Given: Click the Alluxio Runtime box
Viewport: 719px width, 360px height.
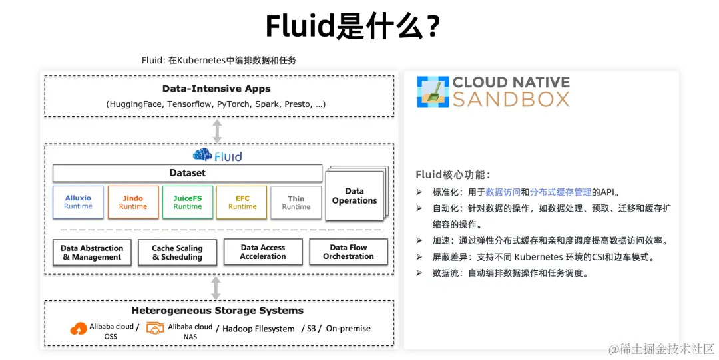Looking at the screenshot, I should pyautogui.click(x=78, y=202).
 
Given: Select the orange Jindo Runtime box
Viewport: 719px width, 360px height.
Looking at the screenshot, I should pyautogui.click(x=133, y=202).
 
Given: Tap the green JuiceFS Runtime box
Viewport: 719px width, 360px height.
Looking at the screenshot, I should pyautogui.click(x=188, y=202).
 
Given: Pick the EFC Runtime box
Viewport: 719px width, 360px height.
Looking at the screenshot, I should pyautogui.click(x=242, y=202).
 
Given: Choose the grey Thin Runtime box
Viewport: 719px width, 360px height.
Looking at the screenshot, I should pyautogui.click(x=296, y=202).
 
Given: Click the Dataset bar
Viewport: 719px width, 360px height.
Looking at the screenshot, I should pyautogui.click(x=187, y=173).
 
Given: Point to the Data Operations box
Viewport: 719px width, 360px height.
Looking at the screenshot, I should pyautogui.click(x=354, y=196).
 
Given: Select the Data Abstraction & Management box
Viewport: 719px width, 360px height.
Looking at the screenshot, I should pyautogui.click(x=92, y=252).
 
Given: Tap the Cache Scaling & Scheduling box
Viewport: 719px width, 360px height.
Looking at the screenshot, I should pyautogui.click(x=177, y=252).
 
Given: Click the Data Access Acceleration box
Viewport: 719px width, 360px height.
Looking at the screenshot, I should pyautogui.click(x=263, y=252).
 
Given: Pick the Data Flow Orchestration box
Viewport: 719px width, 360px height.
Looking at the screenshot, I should pyautogui.click(x=348, y=252).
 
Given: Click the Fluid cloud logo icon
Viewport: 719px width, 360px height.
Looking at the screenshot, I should pyautogui.click(x=202, y=156).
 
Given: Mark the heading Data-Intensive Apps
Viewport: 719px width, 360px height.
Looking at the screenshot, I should pyautogui.click(x=216, y=89).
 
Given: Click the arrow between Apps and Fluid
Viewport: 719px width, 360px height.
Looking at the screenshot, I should pyautogui.click(x=216, y=131).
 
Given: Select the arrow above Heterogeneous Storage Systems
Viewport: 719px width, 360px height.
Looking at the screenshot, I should pyautogui.click(x=216, y=287).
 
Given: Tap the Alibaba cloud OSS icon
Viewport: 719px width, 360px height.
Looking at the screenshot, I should pyautogui.click(x=79, y=328).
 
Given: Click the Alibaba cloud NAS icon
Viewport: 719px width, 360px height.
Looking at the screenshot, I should pyautogui.click(x=155, y=328).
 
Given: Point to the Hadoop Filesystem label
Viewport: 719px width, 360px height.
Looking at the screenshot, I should pyautogui.click(x=258, y=329).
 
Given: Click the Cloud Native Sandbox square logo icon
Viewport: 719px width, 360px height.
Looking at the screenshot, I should pyautogui.click(x=433, y=92).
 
